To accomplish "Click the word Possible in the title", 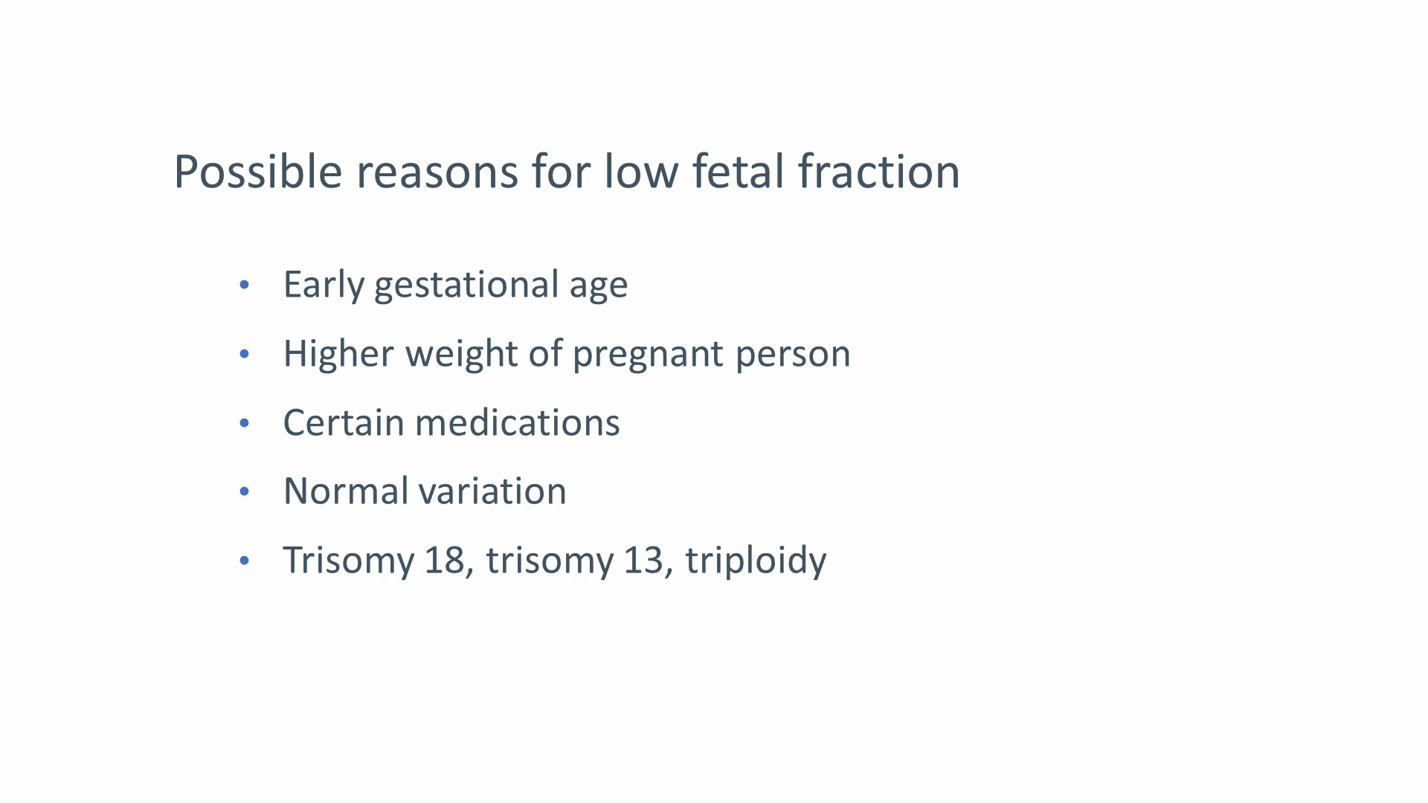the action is [x=257, y=172].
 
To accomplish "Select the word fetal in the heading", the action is [x=738, y=172].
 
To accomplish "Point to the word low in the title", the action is [x=641, y=172].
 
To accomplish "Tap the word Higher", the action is [x=338, y=354].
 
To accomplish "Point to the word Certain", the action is [x=343, y=422].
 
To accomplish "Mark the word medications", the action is [x=518, y=422].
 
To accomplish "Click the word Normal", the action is [x=346, y=491].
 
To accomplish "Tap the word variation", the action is [x=492, y=491].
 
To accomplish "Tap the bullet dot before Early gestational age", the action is [x=245, y=285].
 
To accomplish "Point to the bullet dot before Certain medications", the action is [x=245, y=423].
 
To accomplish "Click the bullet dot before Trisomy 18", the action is [x=245, y=561].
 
